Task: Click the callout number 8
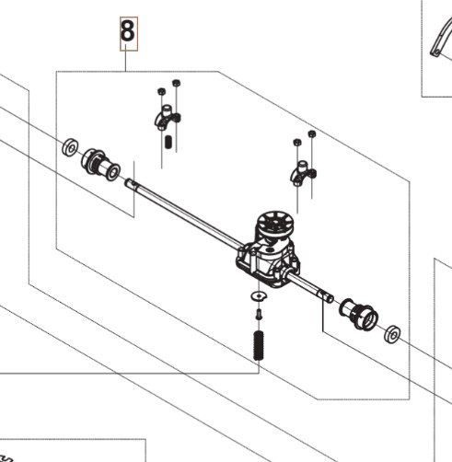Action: pos(128,30)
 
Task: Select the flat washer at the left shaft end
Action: pos(70,147)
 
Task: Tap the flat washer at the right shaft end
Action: pos(392,334)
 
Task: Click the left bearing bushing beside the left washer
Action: pos(100,165)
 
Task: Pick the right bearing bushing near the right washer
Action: pos(358,314)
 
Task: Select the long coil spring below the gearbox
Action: pos(259,346)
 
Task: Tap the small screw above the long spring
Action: pos(259,315)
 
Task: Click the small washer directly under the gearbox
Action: pos(259,296)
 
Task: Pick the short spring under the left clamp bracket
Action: pos(168,142)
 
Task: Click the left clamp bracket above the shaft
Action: pos(167,118)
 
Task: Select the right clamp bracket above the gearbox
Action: pos(303,174)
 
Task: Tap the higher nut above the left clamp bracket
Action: pos(176,83)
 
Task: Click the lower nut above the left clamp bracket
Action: pos(161,91)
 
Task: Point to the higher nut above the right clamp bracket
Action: pos(312,134)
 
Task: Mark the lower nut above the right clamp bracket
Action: pos(297,143)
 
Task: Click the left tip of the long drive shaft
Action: pos(126,182)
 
